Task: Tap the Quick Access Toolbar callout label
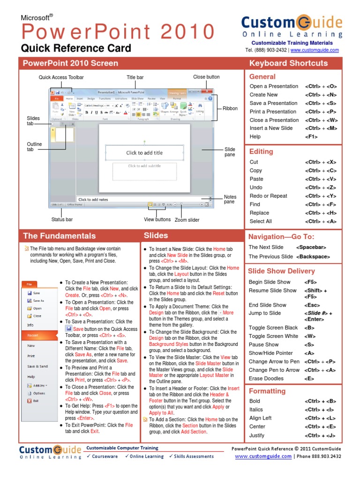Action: click(x=61, y=77)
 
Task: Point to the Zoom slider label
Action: click(x=187, y=220)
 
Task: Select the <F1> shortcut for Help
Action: click(x=311, y=137)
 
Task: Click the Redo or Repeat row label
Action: click(x=269, y=196)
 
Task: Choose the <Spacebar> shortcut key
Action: click(x=311, y=247)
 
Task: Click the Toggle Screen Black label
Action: click(x=273, y=328)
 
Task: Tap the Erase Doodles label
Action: click(x=266, y=378)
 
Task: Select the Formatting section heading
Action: click(x=267, y=391)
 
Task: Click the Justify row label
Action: click(x=257, y=435)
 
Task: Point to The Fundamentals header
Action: click(x=59, y=236)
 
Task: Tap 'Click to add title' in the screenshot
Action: click(x=144, y=152)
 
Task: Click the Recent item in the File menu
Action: click(x=33, y=335)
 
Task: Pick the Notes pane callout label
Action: click(x=230, y=199)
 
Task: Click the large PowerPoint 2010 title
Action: click(x=118, y=32)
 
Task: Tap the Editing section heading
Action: click(x=261, y=151)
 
